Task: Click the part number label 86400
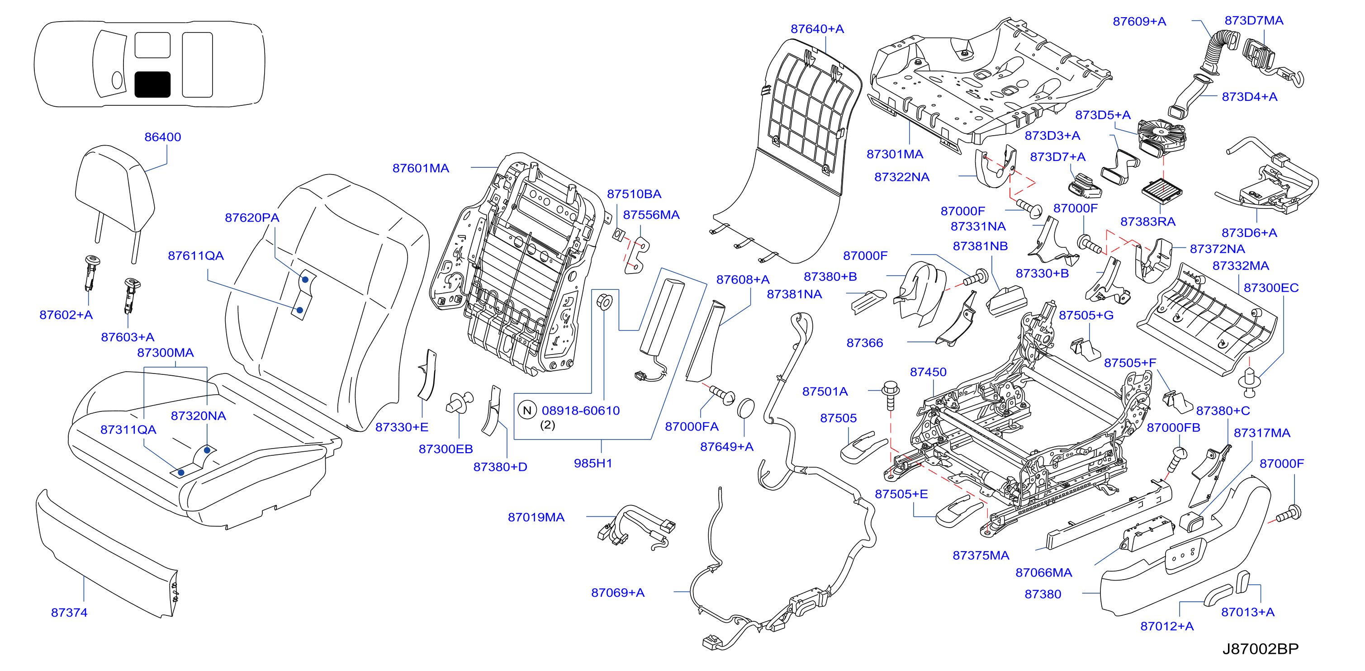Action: [x=163, y=137]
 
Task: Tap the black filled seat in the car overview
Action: [x=152, y=85]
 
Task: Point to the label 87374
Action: [x=69, y=613]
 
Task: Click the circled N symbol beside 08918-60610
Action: [x=527, y=411]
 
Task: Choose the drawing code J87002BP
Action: [x=1261, y=649]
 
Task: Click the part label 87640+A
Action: [x=817, y=29]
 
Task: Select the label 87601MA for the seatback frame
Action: [x=421, y=168]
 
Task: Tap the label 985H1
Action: [x=593, y=463]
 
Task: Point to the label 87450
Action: [x=928, y=372]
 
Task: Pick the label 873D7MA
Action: [x=1254, y=21]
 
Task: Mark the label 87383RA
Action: [x=1148, y=222]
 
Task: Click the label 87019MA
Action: [x=536, y=517]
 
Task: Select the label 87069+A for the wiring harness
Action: [x=618, y=593]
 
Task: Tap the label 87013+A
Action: [x=1248, y=612]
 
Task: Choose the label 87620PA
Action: [x=252, y=217]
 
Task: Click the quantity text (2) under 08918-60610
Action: [x=547, y=425]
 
